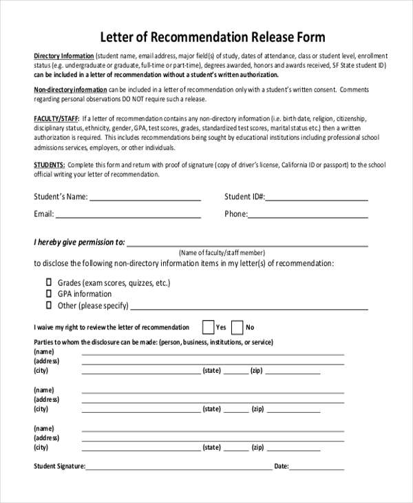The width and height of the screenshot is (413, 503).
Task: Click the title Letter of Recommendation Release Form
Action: coord(213,37)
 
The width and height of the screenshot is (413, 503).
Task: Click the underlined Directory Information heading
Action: coord(64,55)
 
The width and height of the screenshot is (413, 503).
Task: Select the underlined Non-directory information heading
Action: coord(70,90)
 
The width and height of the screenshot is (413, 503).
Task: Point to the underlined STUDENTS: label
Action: coord(50,165)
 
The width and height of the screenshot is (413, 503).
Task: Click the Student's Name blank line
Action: coord(145,199)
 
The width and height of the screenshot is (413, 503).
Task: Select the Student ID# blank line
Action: coord(317,199)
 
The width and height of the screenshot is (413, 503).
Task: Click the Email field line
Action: coord(128,216)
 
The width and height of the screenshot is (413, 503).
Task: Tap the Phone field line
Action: coord(308,216)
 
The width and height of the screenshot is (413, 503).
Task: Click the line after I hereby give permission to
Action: coord(246,244)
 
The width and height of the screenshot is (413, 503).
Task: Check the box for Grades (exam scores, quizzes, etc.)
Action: coord(49,282)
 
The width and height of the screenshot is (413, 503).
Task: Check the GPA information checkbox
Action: coord(49,293)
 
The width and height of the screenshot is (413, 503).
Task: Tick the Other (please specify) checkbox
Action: coord(49,304)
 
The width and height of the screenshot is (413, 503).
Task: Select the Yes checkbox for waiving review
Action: coord(207,327)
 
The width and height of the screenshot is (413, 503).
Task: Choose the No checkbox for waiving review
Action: coord(237,327)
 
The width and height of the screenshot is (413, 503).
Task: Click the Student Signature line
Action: coord(178,468)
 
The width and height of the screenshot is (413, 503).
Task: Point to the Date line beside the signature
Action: coord(317,468)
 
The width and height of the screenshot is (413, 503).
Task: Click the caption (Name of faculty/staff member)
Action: coord(222,253)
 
